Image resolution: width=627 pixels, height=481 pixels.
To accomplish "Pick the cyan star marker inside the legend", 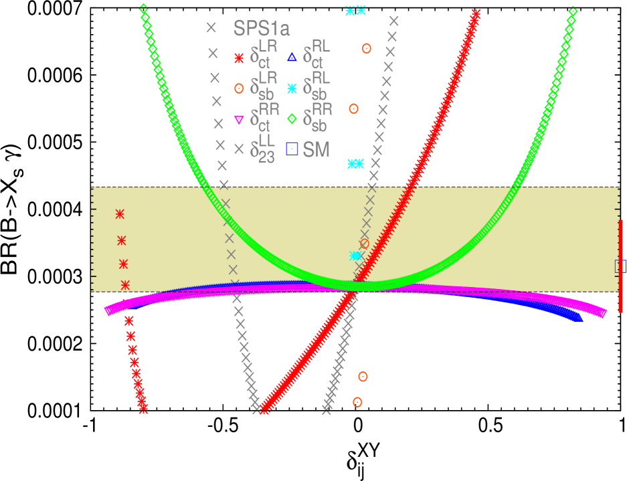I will (292, 88).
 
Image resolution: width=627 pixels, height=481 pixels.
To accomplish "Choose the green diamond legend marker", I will (292, 120).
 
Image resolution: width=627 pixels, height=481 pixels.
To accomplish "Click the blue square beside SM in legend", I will (292, 149).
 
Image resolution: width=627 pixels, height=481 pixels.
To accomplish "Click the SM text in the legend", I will (317, 149).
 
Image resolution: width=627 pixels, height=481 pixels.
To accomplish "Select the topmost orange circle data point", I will (366, 48).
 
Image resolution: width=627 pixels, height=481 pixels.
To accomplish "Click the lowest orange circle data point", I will (357, 402).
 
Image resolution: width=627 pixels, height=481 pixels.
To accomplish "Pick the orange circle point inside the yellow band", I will (364, 244).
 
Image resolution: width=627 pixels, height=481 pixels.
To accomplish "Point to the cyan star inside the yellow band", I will (355, 256).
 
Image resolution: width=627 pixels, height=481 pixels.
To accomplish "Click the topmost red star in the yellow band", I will (120, 214).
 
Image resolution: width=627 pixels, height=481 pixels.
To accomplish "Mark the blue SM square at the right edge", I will (620, 266).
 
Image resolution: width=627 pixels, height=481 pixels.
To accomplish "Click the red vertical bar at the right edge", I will (621, 266).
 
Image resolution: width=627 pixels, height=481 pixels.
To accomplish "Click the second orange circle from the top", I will (354, 108).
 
